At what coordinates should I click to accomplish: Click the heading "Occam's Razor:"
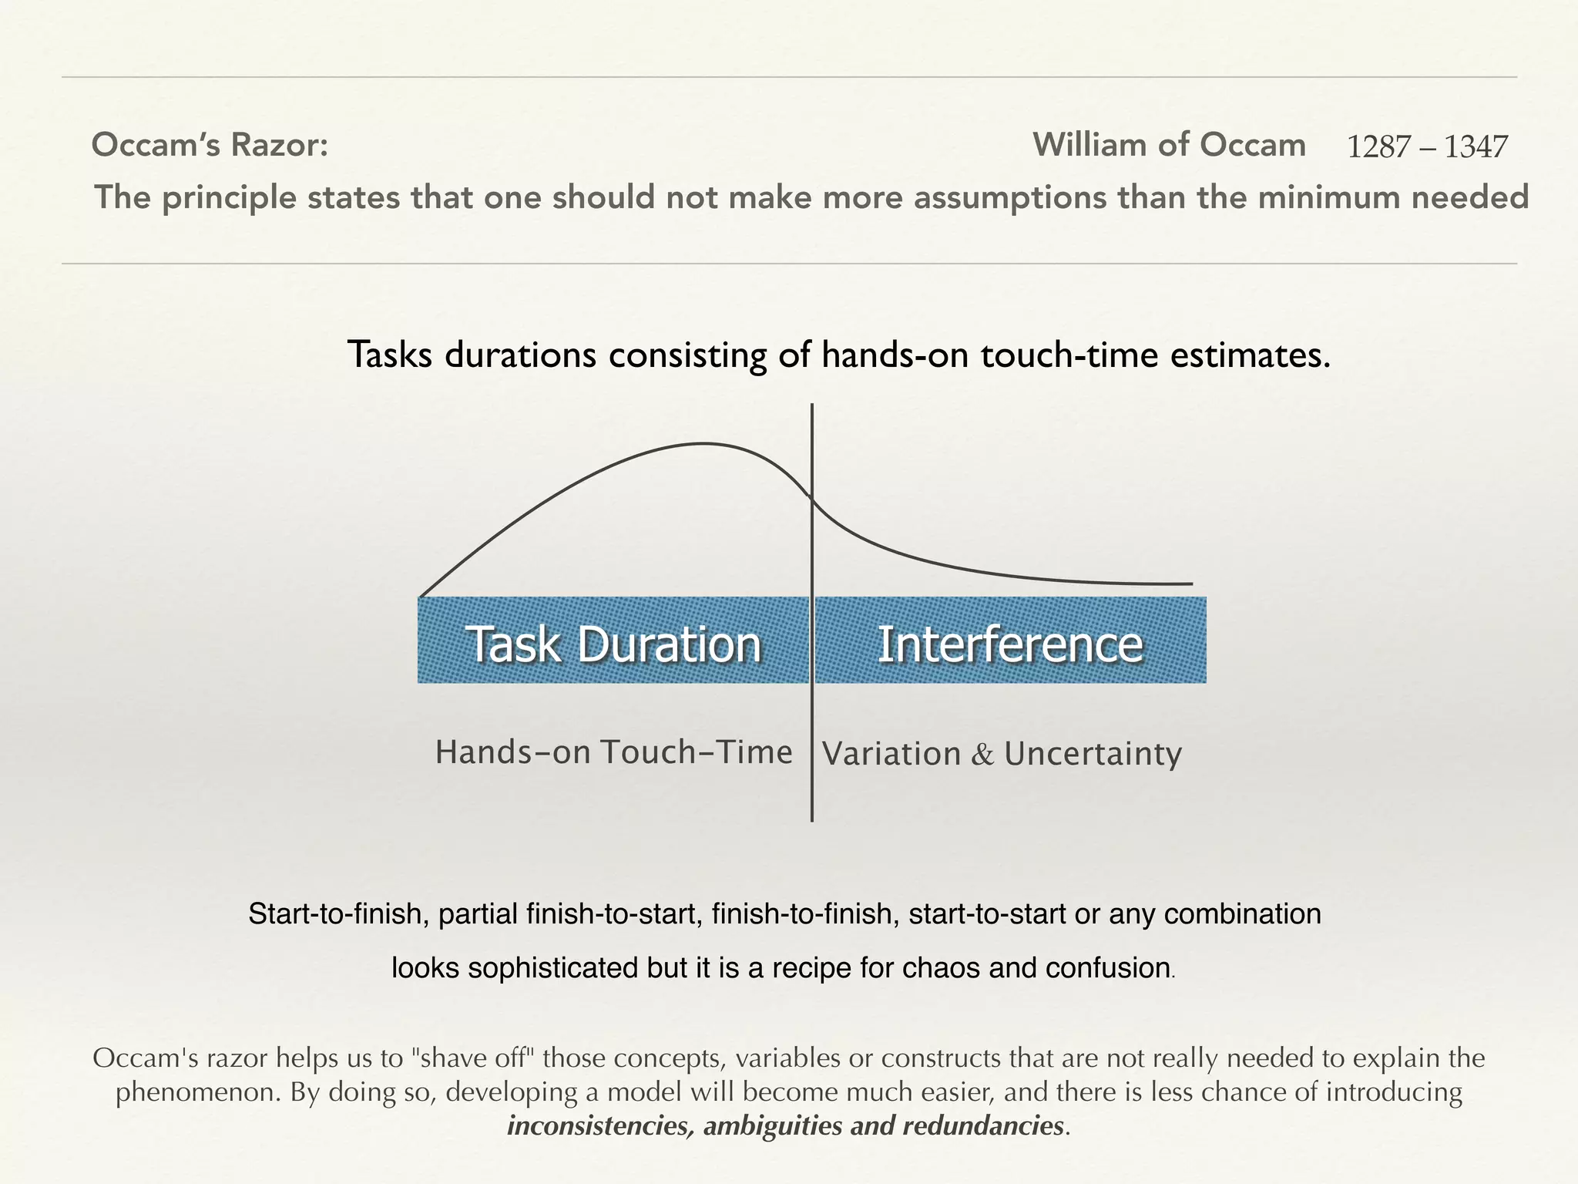(x=210, y=145)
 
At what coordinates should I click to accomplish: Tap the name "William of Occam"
(x=1169, y=145)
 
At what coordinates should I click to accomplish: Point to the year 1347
(x=1476, y=147)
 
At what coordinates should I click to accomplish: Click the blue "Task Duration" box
(x=613, y=641)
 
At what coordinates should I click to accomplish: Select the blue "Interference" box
(x=1010, y=641)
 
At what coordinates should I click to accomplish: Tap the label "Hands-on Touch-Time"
(x=613, y=752)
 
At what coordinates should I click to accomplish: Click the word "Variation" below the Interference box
(x=891, y=754)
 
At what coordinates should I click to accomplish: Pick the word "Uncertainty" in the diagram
(x=1093, y=755)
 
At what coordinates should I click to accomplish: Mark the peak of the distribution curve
(x=703, y=444)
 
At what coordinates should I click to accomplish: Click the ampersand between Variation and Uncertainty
(x=982, y=755)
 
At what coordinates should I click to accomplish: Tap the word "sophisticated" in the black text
(x=554, y=968)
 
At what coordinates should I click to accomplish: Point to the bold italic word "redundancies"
(x=983, y=1126)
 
